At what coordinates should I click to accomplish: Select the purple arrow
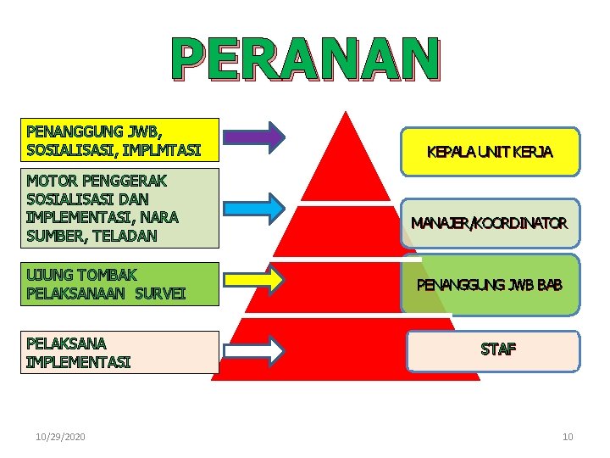[x=255, y=137]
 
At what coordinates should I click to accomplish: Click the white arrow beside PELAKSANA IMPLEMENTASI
[x=255, y=350]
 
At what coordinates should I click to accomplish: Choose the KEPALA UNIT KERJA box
[x=490, y=152]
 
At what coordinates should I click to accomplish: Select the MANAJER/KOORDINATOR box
[x=490, y=224]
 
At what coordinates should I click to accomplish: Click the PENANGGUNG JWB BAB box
[x=490, y=284]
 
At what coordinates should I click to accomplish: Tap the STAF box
[x=493, y=350]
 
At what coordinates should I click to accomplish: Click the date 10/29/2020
[x=61, y=437]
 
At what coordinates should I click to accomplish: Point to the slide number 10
[x=568, y=437]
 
